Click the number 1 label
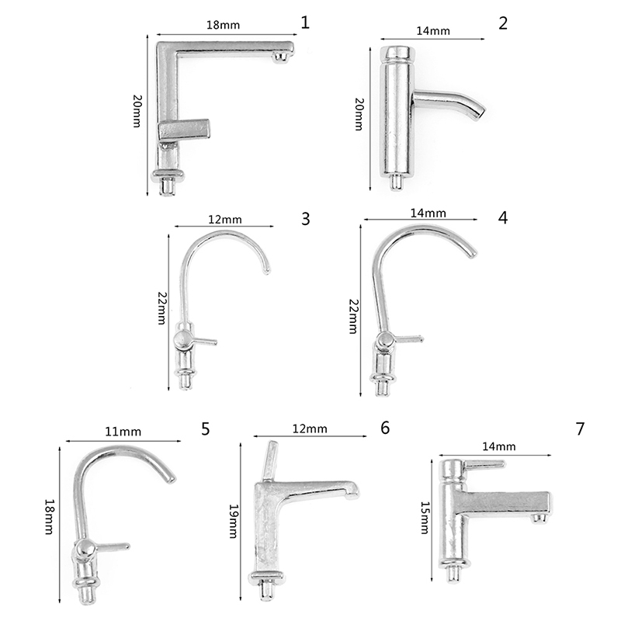[x=304, y=23]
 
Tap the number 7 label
[x=580, y=428]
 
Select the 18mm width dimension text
[x=223, y=25]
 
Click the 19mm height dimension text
[x=234, y=521]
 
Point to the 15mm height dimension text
[x=425, y=518]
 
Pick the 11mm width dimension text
[x=123, y=432]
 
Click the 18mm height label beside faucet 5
[x=49, y=517]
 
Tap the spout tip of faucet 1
[x=282, y=57]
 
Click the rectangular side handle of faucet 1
[x=184, y=130]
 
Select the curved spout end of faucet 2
[x=478, y=111]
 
